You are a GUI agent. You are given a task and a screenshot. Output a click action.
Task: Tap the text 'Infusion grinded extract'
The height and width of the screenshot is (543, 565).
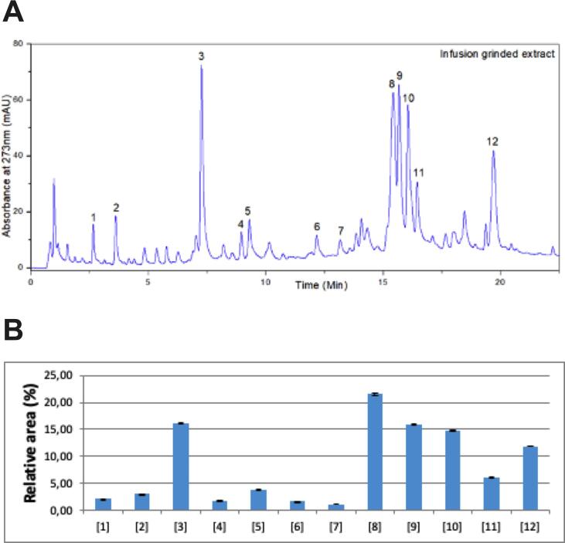point(498,55)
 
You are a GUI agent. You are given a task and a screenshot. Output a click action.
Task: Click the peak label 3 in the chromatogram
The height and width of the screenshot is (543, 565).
point(201,56)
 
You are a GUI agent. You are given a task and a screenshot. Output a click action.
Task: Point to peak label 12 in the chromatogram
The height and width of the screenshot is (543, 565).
point(492,141)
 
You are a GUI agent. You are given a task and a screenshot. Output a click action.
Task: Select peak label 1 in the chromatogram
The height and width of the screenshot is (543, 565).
point(93,217)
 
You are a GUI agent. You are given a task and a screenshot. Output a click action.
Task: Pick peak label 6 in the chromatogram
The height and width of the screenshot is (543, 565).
point(316,226)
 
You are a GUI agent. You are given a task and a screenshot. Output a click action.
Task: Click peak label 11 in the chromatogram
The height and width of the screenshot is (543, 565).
point(418,171)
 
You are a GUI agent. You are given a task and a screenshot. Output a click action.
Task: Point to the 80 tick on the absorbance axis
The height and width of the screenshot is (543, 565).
point(17,43)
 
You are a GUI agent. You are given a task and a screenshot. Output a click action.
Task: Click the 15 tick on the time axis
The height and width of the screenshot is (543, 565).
point(383,277)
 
